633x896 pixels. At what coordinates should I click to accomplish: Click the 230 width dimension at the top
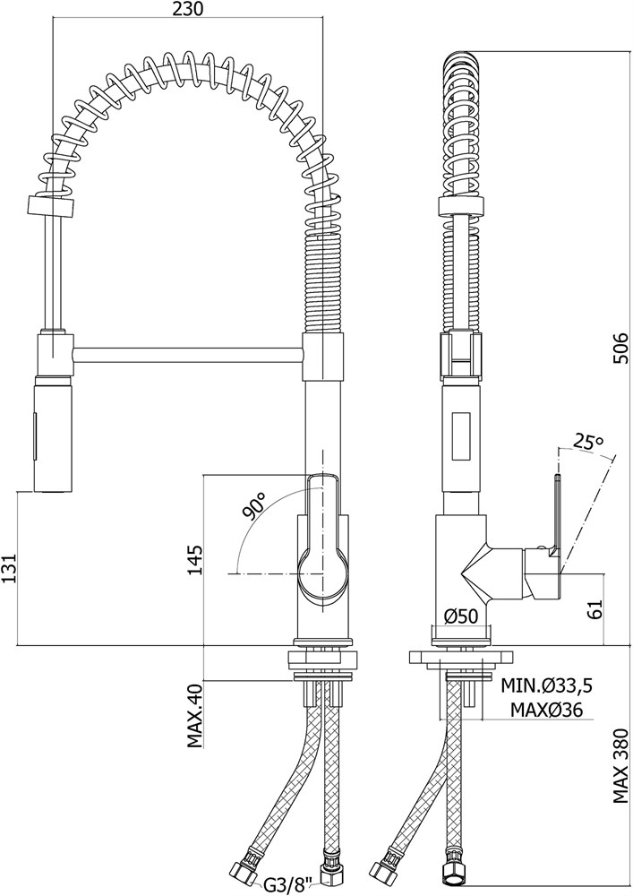coord(186,9)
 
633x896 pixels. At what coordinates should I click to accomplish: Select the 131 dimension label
coord(10,568)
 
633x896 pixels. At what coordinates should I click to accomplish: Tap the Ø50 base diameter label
coord(460,616)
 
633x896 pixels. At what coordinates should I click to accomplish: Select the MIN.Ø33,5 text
coord(546,685)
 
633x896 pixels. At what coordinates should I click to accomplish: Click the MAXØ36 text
coord(546,710)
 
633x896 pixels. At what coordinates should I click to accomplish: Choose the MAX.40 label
coord(195,716)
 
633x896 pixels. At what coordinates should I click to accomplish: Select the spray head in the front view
coord(55,434)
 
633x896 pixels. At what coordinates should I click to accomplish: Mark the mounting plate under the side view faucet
coord(460,657)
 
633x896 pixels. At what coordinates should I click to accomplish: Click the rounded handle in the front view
coord(322,540)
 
